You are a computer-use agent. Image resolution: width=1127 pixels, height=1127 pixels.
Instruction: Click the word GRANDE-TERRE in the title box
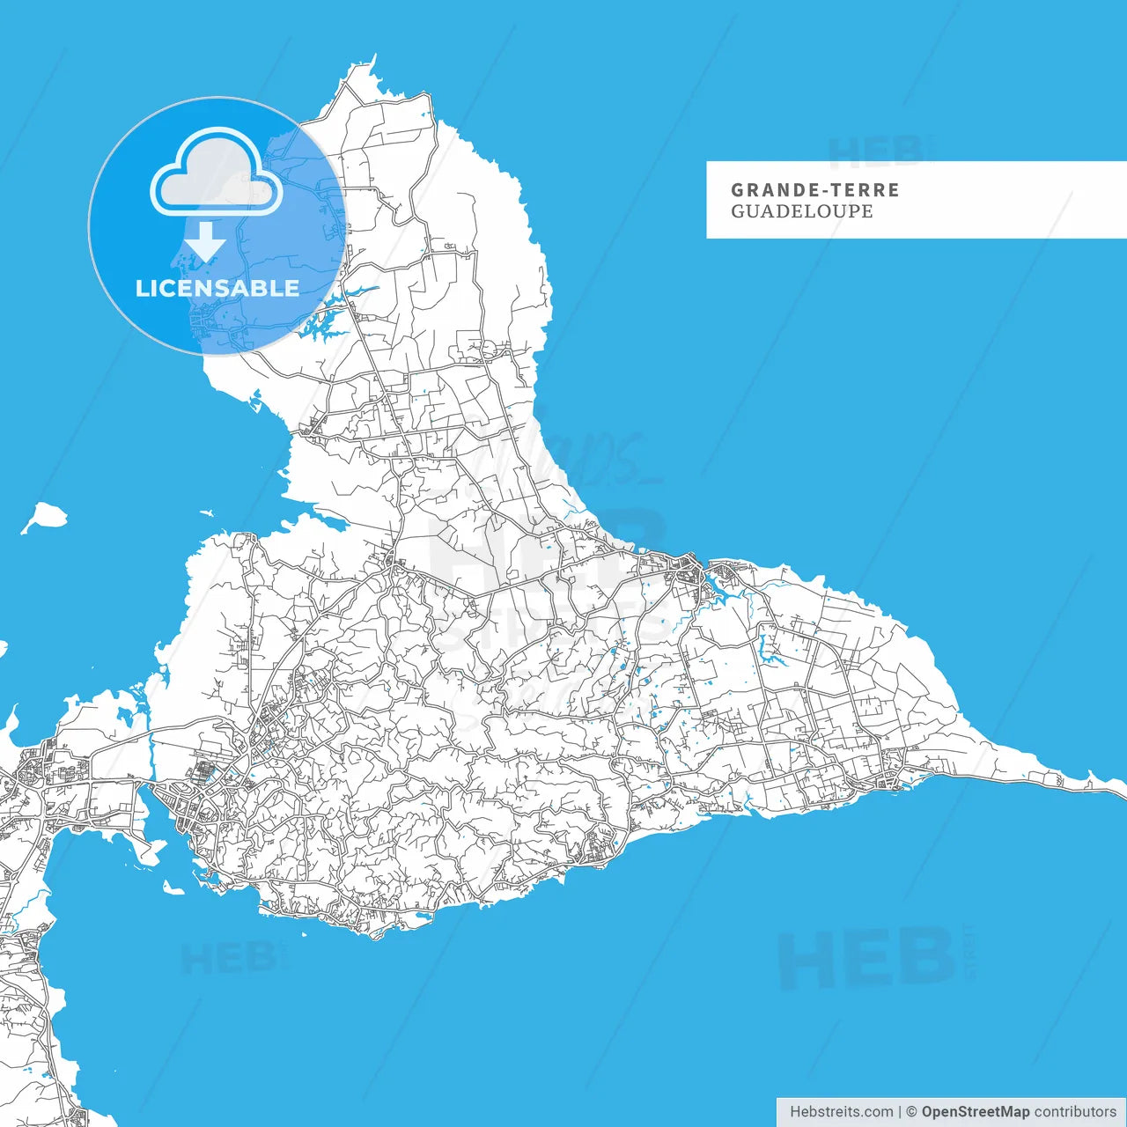pyautogui.click(x=815, y=189)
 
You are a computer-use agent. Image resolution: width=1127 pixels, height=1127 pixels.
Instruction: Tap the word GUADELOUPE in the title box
pyautogui.click(x=801, y=211)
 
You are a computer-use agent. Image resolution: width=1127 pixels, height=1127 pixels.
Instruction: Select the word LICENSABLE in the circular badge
pyautogui.click(x=217, y=288)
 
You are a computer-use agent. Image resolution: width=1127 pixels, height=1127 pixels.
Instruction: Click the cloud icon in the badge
pyautogui.click(x=217, y=173)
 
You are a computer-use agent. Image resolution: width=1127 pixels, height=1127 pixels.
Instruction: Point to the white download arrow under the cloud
pyautogui.click(x=205, y=241)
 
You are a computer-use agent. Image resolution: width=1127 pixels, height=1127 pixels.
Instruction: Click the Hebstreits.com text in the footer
pyautogui.click(x=841, y=1112)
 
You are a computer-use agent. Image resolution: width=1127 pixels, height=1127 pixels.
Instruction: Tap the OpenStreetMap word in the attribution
pyautogui.click(x=975, y=1112)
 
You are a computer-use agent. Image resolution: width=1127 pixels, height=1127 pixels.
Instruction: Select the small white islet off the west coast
pyautogui.click(x=44, y=517)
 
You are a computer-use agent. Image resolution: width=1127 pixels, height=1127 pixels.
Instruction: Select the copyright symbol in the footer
pyautogui.click(x=911, y=1112)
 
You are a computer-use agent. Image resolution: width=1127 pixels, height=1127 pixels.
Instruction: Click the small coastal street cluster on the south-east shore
pyautogui.click(x=594, y=850)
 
